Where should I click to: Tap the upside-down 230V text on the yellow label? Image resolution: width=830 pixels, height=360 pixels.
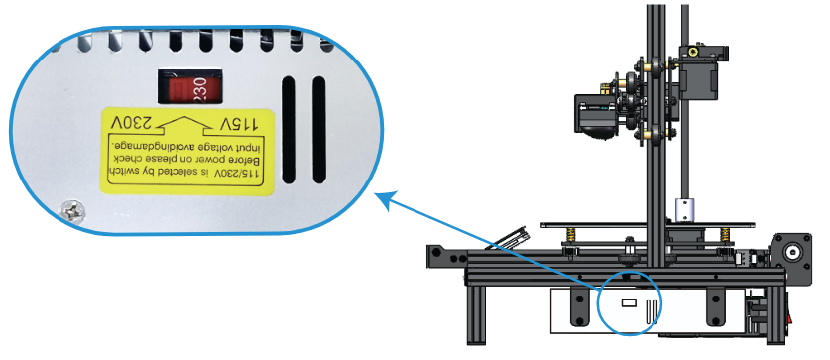coord(131,123)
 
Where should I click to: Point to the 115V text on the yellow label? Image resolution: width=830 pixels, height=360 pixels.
coord(238,124)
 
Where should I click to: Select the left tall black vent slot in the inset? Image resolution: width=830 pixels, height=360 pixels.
coord(288,130)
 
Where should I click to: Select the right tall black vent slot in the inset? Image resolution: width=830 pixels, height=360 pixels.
coord(318,130)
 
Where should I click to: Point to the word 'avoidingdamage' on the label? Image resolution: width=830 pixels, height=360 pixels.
coord(147,144)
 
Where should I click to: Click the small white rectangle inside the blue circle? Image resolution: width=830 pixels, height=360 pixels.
coord(629,302)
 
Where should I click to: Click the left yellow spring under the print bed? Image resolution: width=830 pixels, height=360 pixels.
coord(570,235)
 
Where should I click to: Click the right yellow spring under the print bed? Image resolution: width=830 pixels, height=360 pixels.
coord(725,234)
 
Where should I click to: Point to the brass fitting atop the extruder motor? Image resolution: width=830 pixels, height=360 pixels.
coord(693,52)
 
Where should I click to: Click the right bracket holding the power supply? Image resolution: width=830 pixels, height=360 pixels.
coord(714,305)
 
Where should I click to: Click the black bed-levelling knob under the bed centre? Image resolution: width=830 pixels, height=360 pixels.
coord(630,257)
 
